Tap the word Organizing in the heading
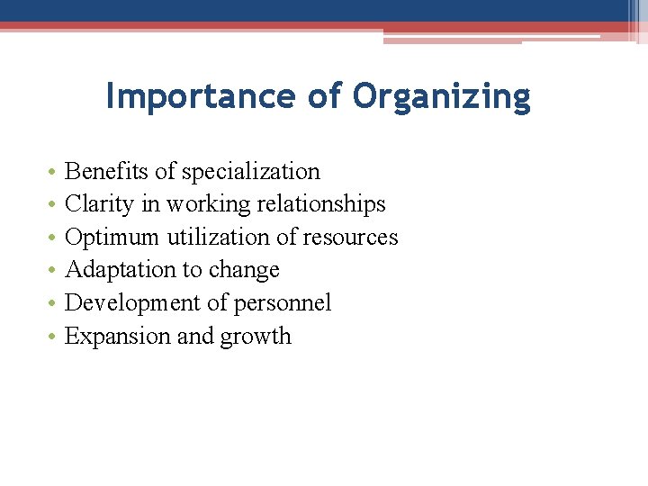coord(442,97)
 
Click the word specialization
coord(251,172)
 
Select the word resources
coord(350,238)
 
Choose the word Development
coord(133,303)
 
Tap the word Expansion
coord(112,337)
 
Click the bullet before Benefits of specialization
coord(54,172)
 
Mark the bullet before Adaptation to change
coord(54,271)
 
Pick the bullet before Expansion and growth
coord(54,337)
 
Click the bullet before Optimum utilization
coord(54,238)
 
